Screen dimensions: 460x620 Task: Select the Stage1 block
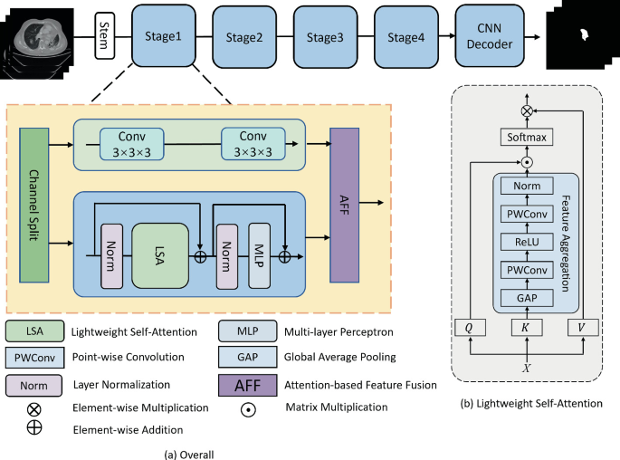163,37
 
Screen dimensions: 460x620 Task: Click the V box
579,328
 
